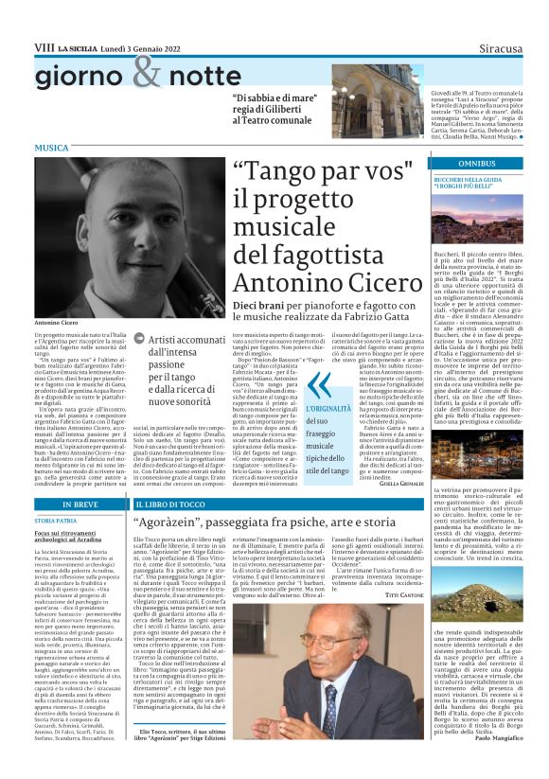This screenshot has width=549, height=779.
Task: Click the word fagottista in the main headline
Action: point(292,254)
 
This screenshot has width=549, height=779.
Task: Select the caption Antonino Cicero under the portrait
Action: point(56,323)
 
